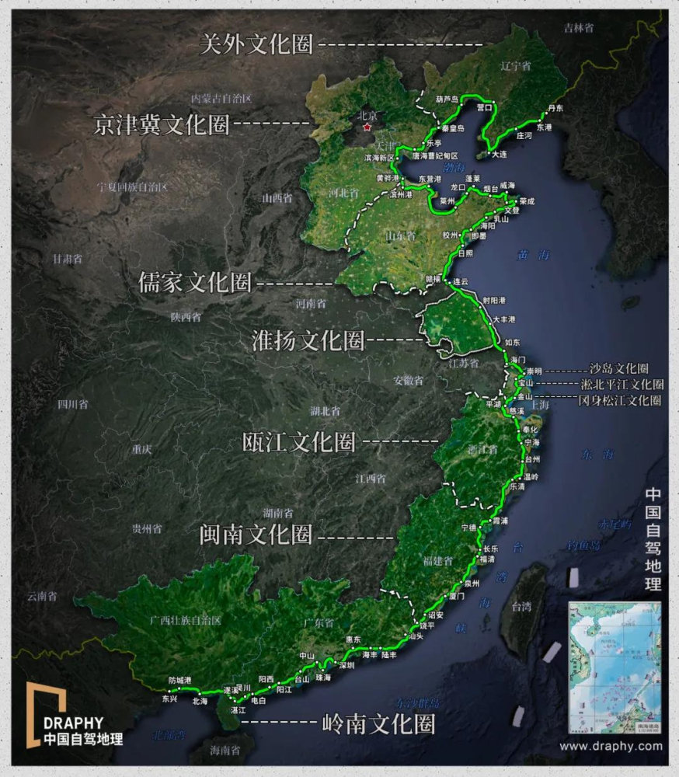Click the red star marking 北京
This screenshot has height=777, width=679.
pyautogui.click(x=367, y=127)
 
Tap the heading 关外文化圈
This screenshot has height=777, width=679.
pyautogui.click(x=256, y=44)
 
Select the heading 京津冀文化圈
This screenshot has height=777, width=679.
pyautogui.click(x=161, y=125)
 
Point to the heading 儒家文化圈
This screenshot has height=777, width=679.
pyautogui.click(x=195, y=283)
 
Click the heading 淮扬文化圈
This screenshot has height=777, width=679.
pyautogui.click(x=308, y=340)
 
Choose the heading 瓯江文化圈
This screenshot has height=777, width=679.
pyautogui.click(x=299, y=442)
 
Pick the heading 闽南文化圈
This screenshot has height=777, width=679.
pyautogui.click(x=256, y=535)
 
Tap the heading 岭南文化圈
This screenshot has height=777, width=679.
pyautogui.click(x=378, y=724)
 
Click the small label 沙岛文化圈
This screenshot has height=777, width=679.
pyautogui.click(x=618, y=369)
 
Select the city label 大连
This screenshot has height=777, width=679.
pyautogui.click(x=498, y=155)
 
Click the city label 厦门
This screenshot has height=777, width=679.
pyautogui.click(x=456, y=596)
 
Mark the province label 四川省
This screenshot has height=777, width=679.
pyautogui.click(x=72, y=404)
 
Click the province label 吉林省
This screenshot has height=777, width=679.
pyautogui.click(x=579, y=28)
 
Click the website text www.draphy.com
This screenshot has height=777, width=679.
pyautogui.click(x=611, y=746)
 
